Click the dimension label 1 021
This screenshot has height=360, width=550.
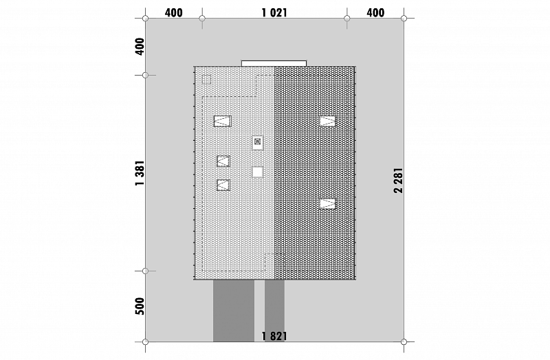coord(274,13)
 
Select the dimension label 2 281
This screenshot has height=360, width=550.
coord(399,181)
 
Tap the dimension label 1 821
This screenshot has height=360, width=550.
coord(274,337)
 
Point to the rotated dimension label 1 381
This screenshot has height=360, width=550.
coord(140,173)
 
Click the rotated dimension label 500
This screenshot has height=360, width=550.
coord(140,306)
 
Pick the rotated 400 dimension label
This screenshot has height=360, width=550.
coord(140,47)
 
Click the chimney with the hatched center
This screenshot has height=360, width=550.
coord(258,142)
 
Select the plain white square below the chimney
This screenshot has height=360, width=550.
coord(257,172)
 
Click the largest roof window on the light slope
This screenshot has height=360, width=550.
coord(222,122)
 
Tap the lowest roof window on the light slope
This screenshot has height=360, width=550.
coord(223,185)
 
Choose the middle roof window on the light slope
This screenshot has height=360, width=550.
coord(223,161)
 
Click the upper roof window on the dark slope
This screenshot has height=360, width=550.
coord(327,122)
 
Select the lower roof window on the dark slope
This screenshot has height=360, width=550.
coord(327,203)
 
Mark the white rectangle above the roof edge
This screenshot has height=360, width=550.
coord(274,63)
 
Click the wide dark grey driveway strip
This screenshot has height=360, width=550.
coord(234,311)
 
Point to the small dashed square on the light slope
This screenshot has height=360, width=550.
coord(207,80)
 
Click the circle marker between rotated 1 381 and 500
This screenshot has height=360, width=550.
coord(146,271)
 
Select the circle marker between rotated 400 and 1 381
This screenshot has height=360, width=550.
coord(146,75)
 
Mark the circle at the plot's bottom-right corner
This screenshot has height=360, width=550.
coord(404,341)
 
